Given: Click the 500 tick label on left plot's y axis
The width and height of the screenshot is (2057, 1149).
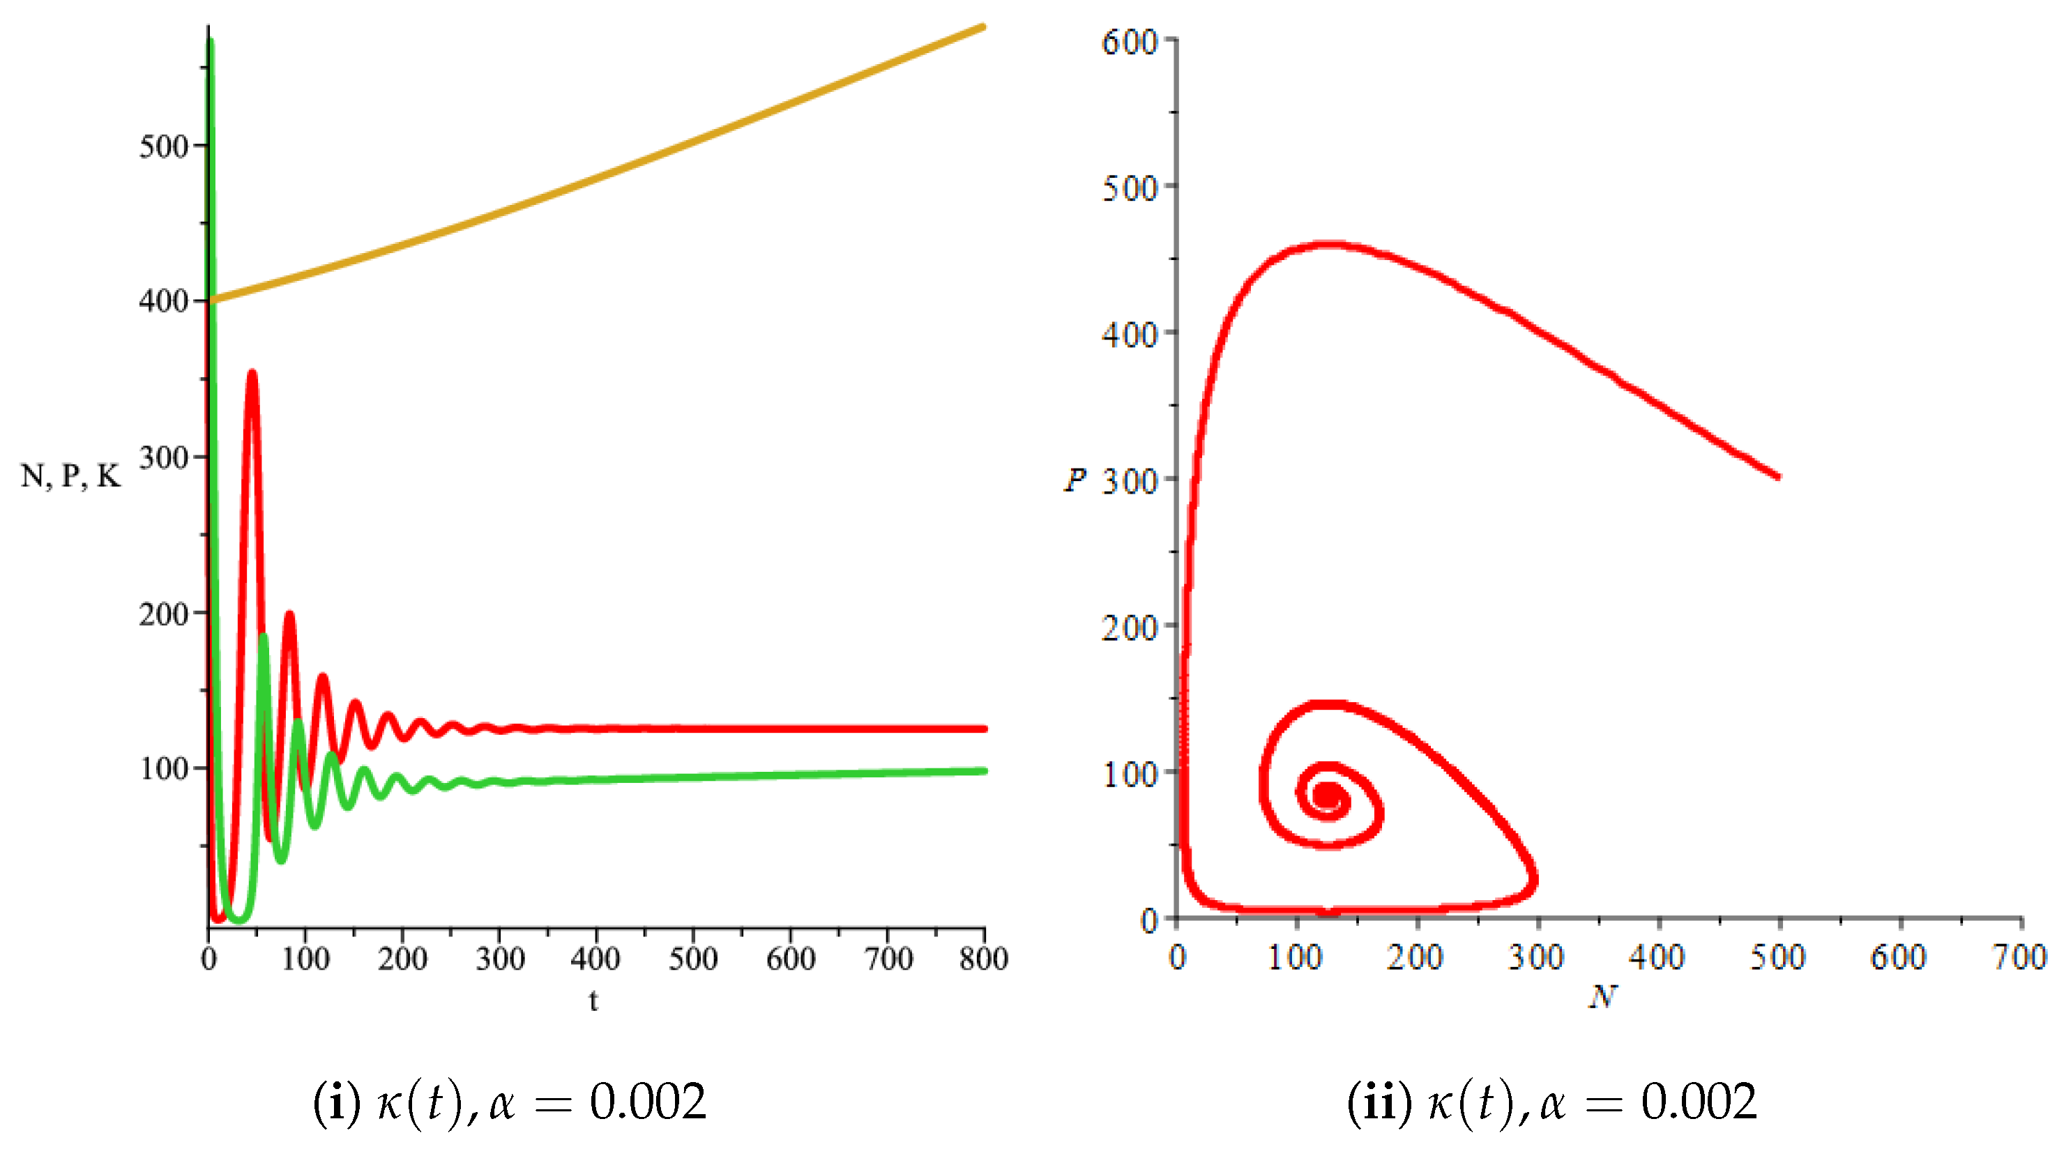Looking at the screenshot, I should coord(164,147).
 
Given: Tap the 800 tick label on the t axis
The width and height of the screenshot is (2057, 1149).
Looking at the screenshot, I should coord(983,958).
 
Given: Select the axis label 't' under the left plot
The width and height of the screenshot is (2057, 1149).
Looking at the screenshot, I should coord(593,1000).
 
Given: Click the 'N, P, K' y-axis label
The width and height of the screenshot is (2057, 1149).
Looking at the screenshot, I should coord(70,477).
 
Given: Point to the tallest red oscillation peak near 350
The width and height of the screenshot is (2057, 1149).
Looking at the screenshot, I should coord(252,373).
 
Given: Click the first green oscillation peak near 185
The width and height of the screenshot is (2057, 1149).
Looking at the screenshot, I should coord(264,637).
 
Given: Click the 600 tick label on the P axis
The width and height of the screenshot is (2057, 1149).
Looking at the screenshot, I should coord(1129,42).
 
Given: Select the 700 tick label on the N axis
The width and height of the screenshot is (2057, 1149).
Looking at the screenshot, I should coord(2019,957).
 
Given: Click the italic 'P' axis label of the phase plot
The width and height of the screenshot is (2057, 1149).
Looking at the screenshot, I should coord(1075,480).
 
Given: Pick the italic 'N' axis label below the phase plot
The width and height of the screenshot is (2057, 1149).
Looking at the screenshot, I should coord(1602,996).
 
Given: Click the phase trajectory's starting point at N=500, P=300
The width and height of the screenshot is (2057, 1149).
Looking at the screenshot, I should coord(1777,477).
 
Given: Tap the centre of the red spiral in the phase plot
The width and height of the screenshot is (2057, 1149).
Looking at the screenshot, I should coord(1326,796).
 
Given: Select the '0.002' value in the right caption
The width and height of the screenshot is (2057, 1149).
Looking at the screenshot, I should coord(1699,1103).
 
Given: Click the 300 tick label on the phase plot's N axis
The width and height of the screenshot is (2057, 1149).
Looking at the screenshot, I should coord(1535,957).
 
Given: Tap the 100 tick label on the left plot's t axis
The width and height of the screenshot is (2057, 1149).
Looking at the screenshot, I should coord(305,958).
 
